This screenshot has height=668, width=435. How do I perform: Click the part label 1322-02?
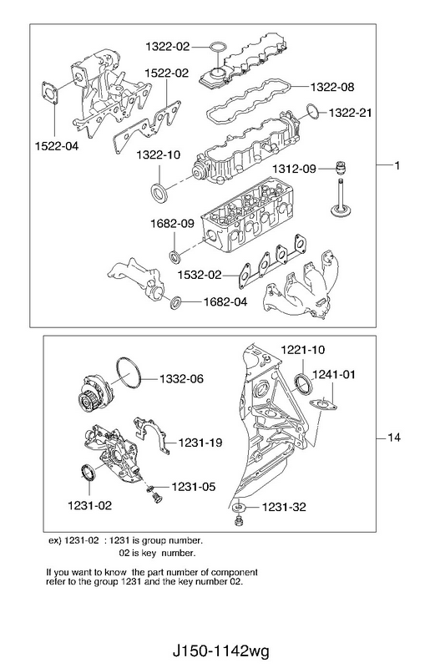click(168, 47)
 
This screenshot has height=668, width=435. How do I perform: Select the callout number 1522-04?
click(57, 146)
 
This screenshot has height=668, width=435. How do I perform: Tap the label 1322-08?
click(332, 88)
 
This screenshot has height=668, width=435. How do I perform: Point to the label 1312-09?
click(294, 170)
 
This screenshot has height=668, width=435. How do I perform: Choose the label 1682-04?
click(225, 302)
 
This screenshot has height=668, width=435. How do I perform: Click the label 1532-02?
click(200, 276)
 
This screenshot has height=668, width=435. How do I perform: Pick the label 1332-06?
click(181, 379)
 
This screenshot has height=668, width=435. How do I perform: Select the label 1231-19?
click(200, 443)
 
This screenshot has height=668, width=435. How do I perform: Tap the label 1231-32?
click(284, 507)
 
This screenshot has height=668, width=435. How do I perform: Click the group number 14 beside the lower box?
click(395, 438)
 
